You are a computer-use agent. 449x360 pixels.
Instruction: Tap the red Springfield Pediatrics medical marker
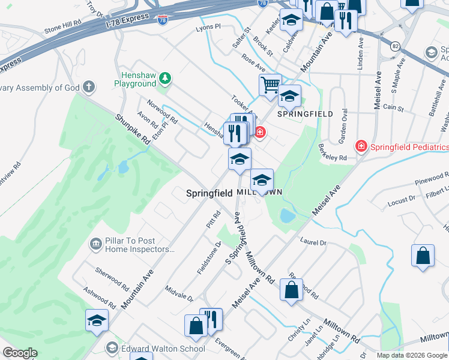tap(361, 146)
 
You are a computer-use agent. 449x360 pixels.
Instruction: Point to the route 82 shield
tap(394, 46)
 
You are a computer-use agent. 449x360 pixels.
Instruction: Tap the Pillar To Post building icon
tap(95, 244)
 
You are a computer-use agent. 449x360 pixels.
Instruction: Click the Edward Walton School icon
tap(112, 348)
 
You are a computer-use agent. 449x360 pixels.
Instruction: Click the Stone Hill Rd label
tap(62, 28)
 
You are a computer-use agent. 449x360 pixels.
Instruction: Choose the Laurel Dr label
tap(313, 242)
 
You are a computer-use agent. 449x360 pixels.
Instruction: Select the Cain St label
tap(393, 107)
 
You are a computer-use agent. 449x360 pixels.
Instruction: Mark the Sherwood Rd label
tap(112, 278)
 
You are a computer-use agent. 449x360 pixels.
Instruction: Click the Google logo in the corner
tap(20, 353)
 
